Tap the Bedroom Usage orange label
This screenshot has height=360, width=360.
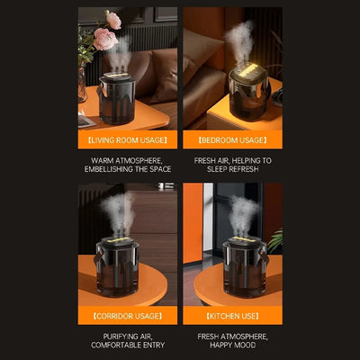(x=233, y=139)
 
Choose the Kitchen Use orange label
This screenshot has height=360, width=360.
(x=233, y=316)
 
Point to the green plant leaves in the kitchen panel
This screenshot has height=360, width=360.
(x=275, y=239)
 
